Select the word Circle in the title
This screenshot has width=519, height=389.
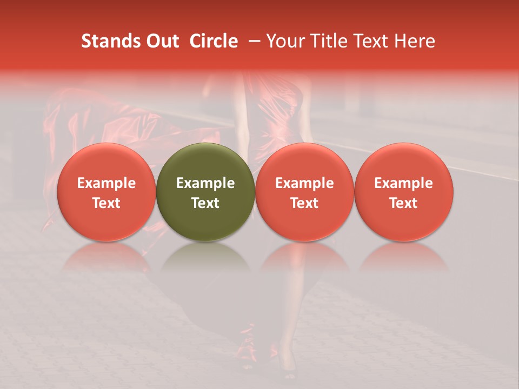[x=214, y=41]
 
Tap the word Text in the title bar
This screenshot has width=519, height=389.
[x=372, y=41]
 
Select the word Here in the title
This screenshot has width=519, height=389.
[x=415, y=41]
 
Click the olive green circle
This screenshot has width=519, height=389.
[x=205, y=192]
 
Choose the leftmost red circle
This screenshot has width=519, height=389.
[x=106, y=192]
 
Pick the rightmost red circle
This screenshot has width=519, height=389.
[x=404, y=192]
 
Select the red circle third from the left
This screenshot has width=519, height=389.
[x=304, y=192]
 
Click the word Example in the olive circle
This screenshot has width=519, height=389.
[x=205, y=183]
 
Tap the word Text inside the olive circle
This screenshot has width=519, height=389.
[x=205, y=203]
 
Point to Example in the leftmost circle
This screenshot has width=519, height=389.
[x=106, y=183]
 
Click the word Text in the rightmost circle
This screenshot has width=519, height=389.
[x=404, y=203]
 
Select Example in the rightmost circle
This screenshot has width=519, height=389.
[x=404, y=183]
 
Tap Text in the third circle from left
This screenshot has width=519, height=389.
[x=304, y=203]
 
